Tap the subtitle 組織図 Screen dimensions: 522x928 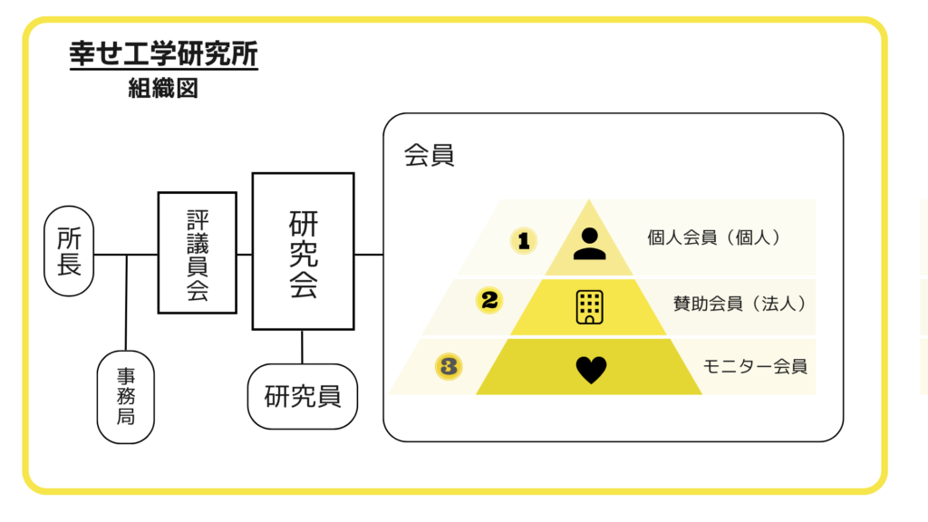tap(163, 89)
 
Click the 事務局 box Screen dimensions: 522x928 tap(126, 396)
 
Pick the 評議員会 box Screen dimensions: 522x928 tap(197, 252)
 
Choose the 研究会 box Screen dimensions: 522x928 tap(303, 251)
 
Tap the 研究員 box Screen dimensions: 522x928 tap(303, 396)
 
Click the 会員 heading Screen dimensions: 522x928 tap(429, 156)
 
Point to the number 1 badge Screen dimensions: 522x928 tap(523, 240)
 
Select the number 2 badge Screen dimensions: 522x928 tap(489, 300)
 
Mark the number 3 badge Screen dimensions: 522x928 tap(449, 366)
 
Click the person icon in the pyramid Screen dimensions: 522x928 tap(589, 243)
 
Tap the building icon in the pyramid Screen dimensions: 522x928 tap(589, 307)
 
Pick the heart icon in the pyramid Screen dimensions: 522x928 tap(591, 369)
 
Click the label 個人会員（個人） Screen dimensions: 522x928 tap(714, 237)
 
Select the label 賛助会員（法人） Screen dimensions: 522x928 tap(739, 304)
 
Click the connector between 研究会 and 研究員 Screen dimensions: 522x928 tap(303, 346)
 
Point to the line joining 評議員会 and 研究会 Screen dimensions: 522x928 tap(245, 255)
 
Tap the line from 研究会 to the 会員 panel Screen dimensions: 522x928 tap(369, 255)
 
